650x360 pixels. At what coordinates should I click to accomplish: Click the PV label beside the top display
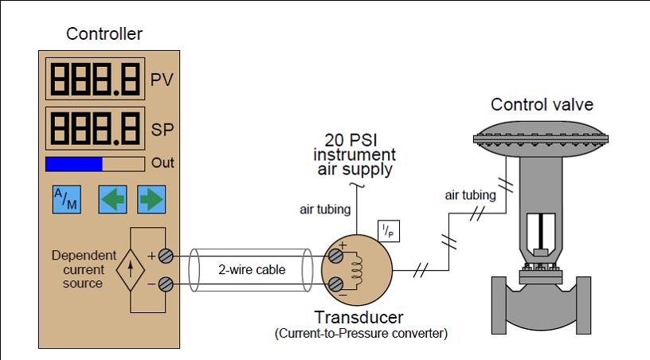pyautogui.click(x=162, y=81)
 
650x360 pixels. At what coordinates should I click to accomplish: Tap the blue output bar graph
pyautogui.click(x=74, y=163)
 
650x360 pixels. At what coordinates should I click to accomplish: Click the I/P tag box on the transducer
pyautogui.click(x=390, y=229)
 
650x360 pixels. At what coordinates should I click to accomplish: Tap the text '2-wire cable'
pyautogui.click(x=251, y=270)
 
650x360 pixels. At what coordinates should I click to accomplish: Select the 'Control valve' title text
pyautogui.click(x=542, y=104)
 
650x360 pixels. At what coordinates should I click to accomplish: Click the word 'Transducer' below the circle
pyautogui.click(x=358, y=316)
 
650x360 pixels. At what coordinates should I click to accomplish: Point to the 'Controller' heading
pyautogui.click(x=104, y=33)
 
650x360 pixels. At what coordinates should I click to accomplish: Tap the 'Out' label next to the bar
pyautogui.click(x=162, y=163)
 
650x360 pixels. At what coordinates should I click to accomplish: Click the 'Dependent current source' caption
pyautogui.click(x=77, y=270)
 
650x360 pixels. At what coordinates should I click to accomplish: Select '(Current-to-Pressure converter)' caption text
pyautogui.click(x=361, y=333)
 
